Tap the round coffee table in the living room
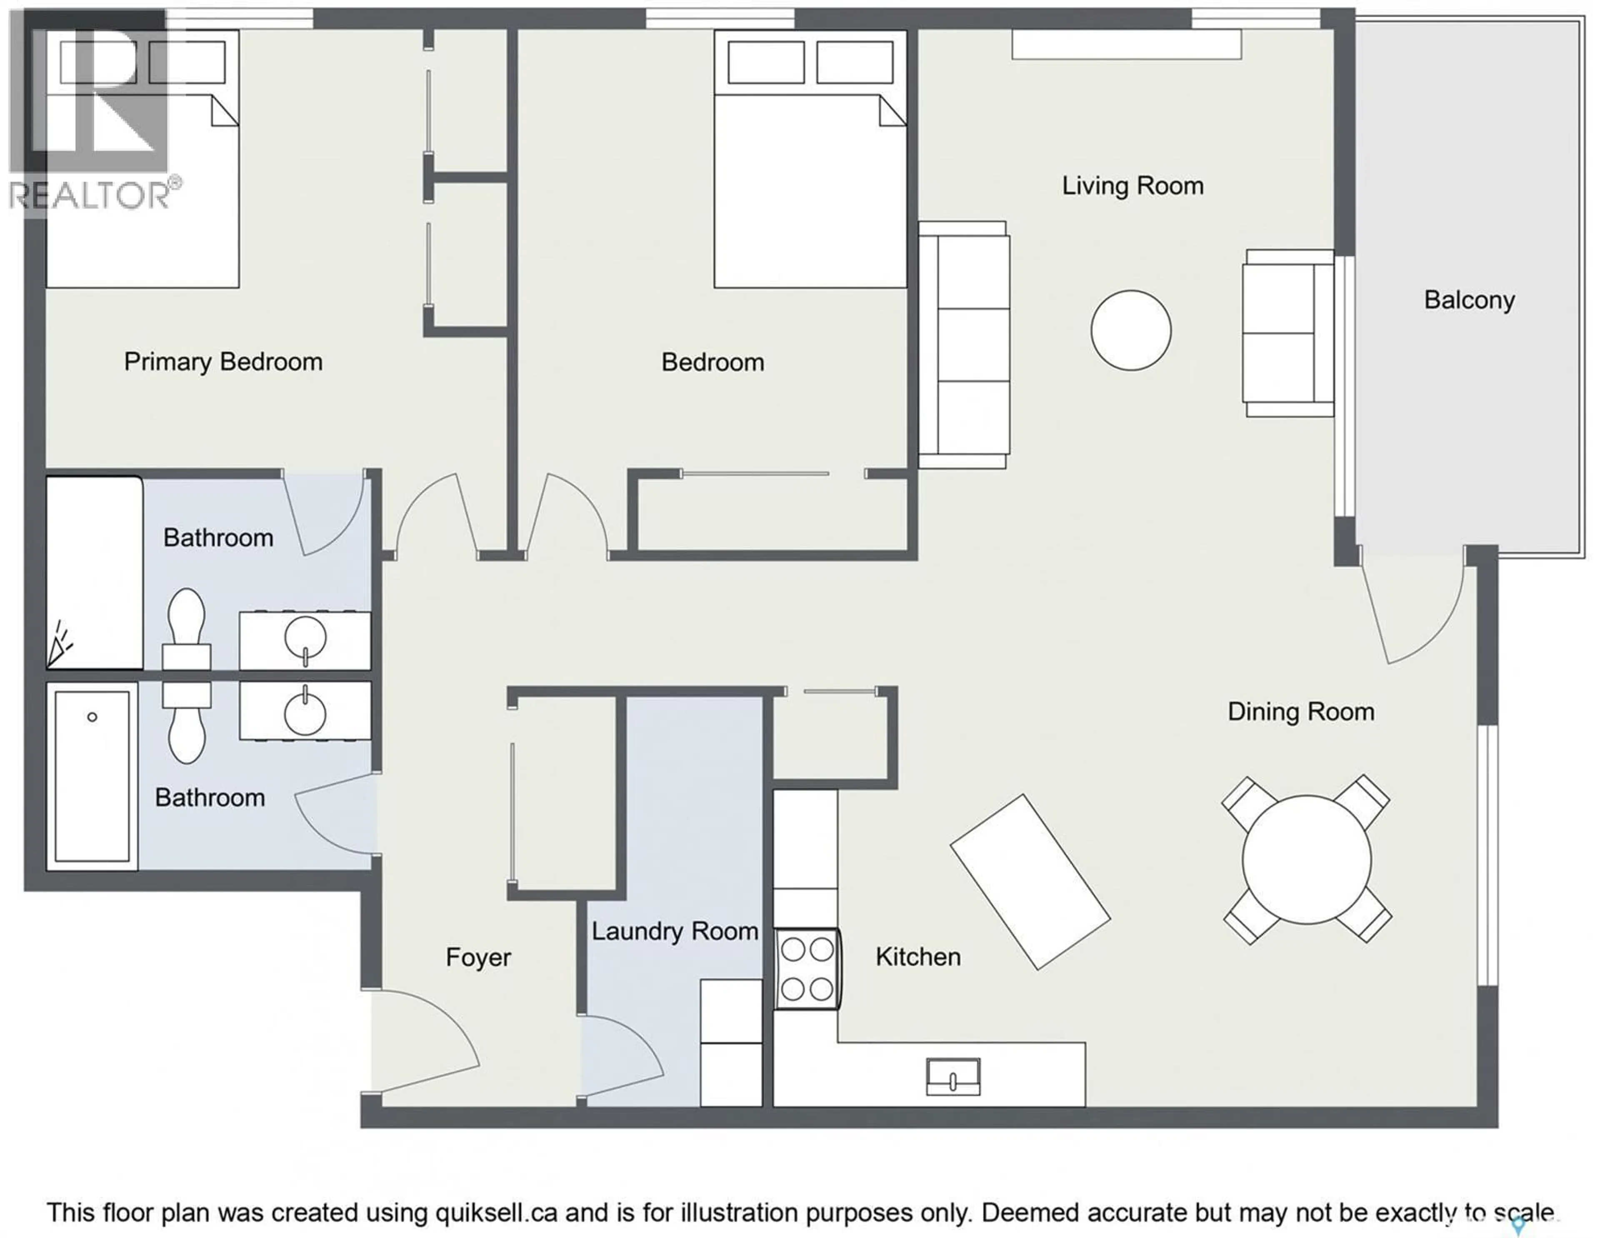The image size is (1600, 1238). (x=1130, y=330)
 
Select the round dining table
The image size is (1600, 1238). (x=1306, y=859)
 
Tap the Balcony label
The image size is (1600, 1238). (x=1469, y=300)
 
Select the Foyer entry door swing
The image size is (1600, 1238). (x=425, y=1040)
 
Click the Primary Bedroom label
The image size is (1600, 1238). (x=223, y=362)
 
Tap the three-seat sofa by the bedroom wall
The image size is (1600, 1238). (x=964, y=344)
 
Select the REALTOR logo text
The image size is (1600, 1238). (x=88, y=195)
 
